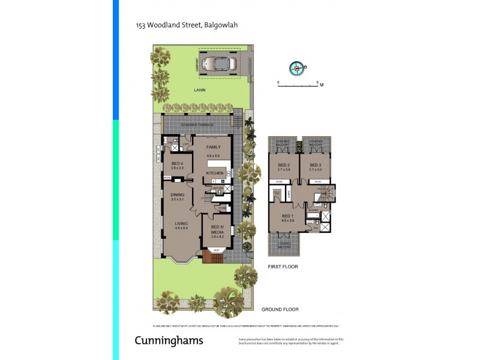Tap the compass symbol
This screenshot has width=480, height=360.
coord(296,68)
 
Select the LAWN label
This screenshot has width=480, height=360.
coord(200,90)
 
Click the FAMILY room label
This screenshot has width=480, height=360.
coord(214,147)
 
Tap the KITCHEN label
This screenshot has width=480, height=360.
coord(215,173)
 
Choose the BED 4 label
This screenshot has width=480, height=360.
coord(177,163)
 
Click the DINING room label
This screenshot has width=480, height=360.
coord(177,194)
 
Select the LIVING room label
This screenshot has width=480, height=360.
coord(181,223)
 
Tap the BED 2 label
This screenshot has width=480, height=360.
coord(284,165)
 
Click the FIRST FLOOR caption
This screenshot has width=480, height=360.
coord(283,266)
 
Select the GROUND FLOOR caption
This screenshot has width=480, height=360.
coord(280,310)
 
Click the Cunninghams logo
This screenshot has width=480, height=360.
coord(169,341)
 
